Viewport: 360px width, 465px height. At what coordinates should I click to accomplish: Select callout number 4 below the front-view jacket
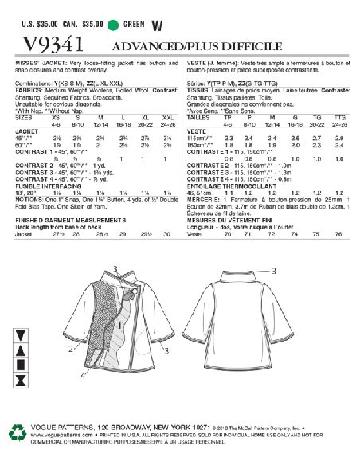82,374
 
